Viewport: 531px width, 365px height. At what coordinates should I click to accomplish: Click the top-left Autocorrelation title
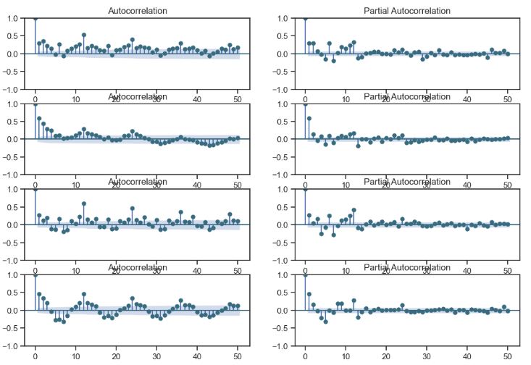tap(137, 11)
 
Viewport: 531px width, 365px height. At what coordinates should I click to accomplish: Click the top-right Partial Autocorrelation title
tap(406, 11)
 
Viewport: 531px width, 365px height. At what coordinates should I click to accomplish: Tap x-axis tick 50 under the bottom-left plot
tap(238, 356)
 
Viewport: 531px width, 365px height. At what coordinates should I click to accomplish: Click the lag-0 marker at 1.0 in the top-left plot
tap(35, 18)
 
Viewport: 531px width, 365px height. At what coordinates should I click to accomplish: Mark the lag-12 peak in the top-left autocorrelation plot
tap(84, 35)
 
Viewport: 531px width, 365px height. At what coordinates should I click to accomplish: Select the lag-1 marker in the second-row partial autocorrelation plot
tap(309, 118)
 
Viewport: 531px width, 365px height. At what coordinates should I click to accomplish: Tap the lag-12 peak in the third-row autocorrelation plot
tap(84, 204)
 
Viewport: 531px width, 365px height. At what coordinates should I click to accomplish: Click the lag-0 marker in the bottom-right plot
tap(305, 275)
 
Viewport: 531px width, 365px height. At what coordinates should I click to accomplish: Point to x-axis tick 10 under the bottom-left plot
tap(76, 356)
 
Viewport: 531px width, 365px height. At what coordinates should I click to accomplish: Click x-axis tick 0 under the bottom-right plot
tap(305, 356)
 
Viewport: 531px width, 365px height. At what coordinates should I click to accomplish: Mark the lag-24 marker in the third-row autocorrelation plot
tap(133, 209)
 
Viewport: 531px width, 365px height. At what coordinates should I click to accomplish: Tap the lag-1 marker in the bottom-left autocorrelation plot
tap(39, 294)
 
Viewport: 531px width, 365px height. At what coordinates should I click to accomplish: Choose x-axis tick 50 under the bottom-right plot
tap(508, 356)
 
